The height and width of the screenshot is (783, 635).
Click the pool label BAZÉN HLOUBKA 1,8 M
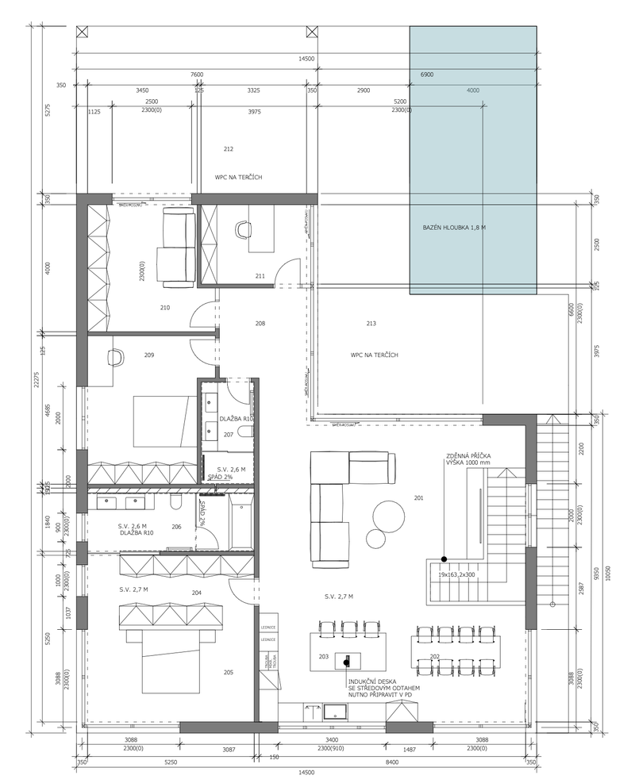click(454, 228)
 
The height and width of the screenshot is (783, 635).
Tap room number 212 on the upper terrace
click(229, 148)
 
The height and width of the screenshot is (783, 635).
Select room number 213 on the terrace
click(371, 324)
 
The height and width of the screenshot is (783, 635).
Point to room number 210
click(165, 307)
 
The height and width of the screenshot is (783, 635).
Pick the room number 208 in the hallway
click(260, 324)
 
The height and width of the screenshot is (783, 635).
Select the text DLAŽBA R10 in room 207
click(236, 418)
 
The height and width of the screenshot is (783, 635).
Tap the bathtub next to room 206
click(241, 523)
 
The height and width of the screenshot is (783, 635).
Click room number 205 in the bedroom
click(229, 673)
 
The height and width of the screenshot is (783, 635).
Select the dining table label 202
click(435, 656)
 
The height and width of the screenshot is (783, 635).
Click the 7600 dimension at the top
click(196, 75)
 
